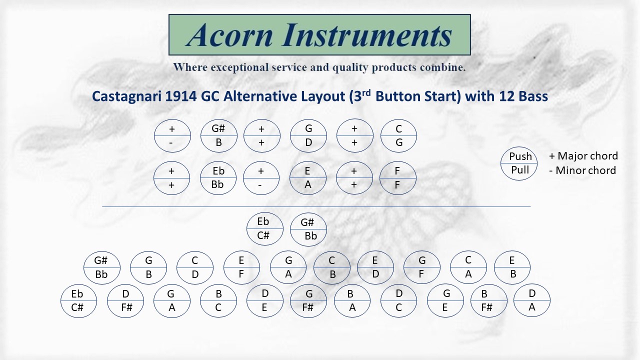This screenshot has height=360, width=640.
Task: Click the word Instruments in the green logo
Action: [367, 35]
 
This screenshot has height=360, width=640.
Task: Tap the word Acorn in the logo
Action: [229, 35]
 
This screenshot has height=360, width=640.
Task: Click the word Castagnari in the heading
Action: [127, 96]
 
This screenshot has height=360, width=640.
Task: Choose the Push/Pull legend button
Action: [519, 163]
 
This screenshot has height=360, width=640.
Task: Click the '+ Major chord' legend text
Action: [583, 156]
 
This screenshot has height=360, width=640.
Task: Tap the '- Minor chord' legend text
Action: [583, 170]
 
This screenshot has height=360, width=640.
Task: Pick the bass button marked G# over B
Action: [219, 135]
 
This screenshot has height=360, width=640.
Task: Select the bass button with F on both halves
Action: [397, 178]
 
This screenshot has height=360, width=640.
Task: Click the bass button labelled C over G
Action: [398, 135]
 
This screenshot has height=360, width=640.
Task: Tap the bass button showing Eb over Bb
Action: [218, 178]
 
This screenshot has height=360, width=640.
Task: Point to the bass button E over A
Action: [307, 178]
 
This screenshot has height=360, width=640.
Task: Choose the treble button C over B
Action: [331, 267]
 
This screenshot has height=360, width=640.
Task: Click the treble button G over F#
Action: [308, 301]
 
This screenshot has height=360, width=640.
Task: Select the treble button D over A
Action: [531, 300]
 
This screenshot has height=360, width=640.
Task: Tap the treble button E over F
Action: [241, 267]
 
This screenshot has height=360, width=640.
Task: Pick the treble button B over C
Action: [218, 301]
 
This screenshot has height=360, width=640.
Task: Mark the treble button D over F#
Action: [125, 301]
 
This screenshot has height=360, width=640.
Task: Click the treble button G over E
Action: [445, 301]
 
